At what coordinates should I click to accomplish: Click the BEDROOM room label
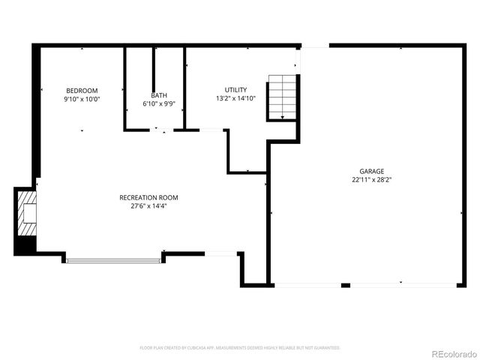coord(82,90)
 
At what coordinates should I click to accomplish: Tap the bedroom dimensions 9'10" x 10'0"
coord(82,99)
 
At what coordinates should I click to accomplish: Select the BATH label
coord(159,95)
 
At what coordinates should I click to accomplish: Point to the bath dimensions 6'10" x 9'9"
coord(159,104)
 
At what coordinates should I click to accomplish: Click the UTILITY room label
coord(235,90)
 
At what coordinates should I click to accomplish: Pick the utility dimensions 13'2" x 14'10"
coord(235,99)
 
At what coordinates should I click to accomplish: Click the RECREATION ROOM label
coord(148,197)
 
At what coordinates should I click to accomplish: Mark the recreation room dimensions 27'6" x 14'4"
coord(148,206)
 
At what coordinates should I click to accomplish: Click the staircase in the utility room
coord(283,96)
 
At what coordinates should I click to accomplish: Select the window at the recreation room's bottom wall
coord(114,261)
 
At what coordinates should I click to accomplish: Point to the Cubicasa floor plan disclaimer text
coord(240,348)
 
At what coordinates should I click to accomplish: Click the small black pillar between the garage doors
coord(346,285)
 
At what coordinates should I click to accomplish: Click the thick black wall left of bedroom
coord(35,112)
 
